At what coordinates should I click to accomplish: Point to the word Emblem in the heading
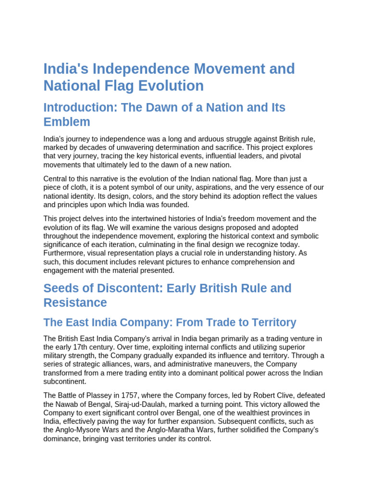[67, 122]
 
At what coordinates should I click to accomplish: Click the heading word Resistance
[75, 303]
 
